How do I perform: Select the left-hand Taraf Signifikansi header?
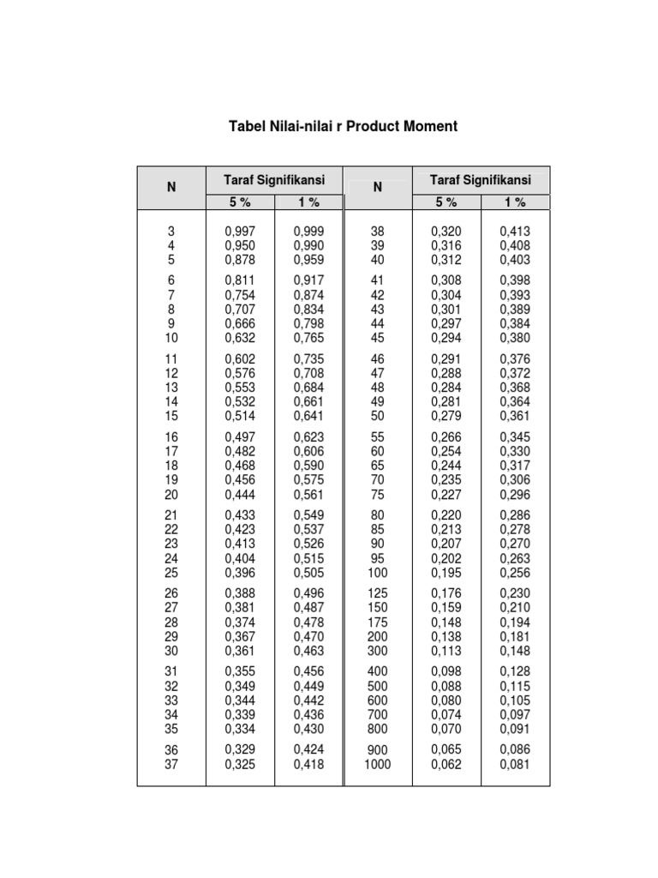[274, 180]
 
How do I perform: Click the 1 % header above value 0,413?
[515, 202]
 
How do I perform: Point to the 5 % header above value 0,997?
[240, 202]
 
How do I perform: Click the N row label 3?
[170, 231]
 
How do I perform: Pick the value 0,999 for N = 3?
[308, 231]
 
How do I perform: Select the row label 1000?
[377, 764]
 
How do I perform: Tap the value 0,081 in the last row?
[515, 764]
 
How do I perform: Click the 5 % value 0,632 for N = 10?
[240, 338]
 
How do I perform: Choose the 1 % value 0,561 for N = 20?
[308, 495]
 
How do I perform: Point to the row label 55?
[377, 437]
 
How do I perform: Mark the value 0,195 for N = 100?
[446, 573]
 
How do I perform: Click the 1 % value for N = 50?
[515, 416]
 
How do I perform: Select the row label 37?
[170, 764]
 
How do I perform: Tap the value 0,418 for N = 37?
[308, 764]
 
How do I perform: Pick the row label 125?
[377, 593]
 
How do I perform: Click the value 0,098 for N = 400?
[446, 672]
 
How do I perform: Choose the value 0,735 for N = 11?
[308, 359]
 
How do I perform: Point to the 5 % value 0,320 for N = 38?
[446, 231]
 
